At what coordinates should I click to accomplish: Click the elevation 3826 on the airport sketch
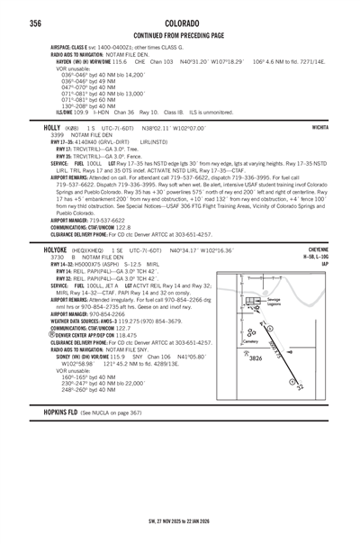pos(256,358)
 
